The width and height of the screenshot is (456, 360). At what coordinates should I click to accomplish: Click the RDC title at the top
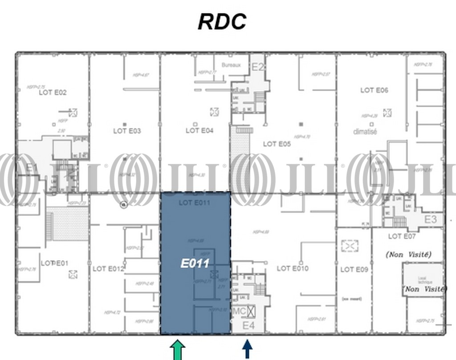tap(222, 22)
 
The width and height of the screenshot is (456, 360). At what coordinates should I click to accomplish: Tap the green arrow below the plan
tap(178, 350)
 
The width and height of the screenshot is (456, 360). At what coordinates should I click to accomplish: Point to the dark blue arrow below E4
tap(247, 349)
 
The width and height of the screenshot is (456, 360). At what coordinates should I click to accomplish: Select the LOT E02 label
tap(53, 93)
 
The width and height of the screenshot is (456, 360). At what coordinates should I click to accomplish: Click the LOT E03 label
tap(127, 131)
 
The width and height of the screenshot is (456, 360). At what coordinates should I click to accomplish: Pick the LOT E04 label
tap(199, 130)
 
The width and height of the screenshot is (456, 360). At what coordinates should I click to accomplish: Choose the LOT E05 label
tap(277, 144)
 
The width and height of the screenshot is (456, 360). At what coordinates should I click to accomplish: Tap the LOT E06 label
tap(374, 90)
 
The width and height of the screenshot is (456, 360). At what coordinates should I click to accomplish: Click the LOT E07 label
tap(402, 236)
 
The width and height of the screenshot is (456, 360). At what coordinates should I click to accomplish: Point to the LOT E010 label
tap(293, 268)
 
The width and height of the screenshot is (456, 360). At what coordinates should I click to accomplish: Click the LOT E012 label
tap(108, 269)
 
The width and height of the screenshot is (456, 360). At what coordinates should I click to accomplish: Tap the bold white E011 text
tap(195, 263)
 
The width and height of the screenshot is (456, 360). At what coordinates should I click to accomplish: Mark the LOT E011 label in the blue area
tap(194, 202)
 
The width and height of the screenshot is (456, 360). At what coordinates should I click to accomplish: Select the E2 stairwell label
tap(258, 67)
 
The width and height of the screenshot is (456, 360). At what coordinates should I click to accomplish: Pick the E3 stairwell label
tap(430, 219)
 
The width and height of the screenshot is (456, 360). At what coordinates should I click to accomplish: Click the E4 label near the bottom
tap(248, 326)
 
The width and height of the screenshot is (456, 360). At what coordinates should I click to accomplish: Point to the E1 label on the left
tap(31, 168)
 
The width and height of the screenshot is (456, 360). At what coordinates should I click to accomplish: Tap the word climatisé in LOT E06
tap(365, 132)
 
